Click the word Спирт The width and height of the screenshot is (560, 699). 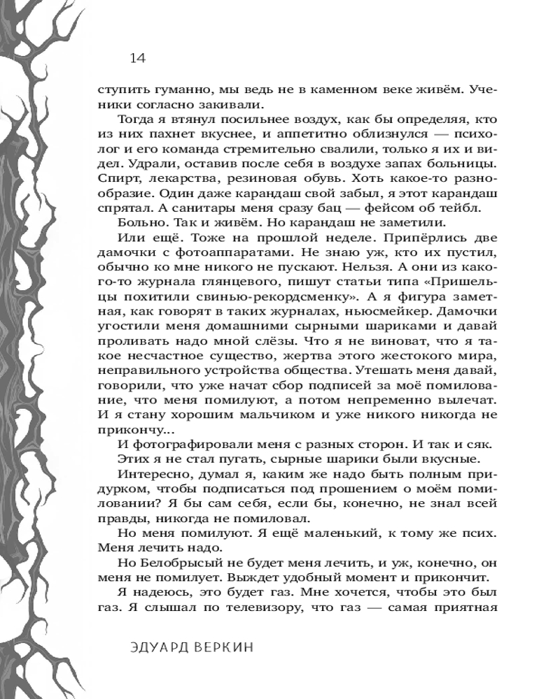(x=114, y=179)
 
